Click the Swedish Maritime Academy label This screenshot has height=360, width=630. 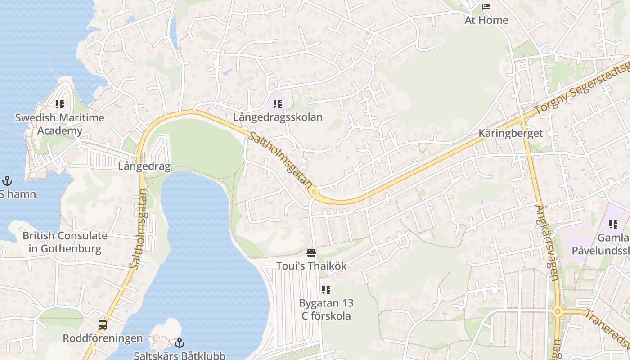pyautogui.click(x=60, y=124)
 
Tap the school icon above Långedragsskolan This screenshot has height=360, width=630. pyautogui.click(x=278, y=104)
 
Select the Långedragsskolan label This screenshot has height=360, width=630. pyautogui.click(x=278, y=117)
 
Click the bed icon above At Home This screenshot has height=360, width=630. pyautogui.click(x=486, y=7)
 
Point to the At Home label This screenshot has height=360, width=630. pyautogui.click(x=486, y=20)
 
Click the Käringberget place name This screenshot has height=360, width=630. pyautogui.click(x=511, y=133)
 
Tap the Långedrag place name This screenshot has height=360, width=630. pyautogui.click(x=144, y=166)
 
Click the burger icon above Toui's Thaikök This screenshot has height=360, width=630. pyautogui.click(x=311, y=252)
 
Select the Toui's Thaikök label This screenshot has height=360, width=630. pyautogui.click(x=311, y=266)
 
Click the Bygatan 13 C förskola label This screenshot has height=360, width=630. pyautogui.click(x=326, y=309)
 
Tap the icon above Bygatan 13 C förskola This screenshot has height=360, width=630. pyautogui.click(x=326, y=290)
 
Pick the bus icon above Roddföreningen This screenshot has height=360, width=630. pyautogui.click(x=103, y=325)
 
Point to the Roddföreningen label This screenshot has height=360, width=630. pyautogui.click(x=103, y=338)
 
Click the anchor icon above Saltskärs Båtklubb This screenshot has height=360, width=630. pyautogui.click(x=180, y=343)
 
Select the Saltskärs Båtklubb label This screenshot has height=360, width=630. pyautogui.click(x=180, y=355)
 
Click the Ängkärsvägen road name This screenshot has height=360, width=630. pyautogui.click(x=548, y=243)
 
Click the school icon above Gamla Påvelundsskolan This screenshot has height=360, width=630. pyautogui.click(x=613, y=224)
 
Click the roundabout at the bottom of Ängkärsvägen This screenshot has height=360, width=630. pyautogui.click(x=558, y=311)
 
